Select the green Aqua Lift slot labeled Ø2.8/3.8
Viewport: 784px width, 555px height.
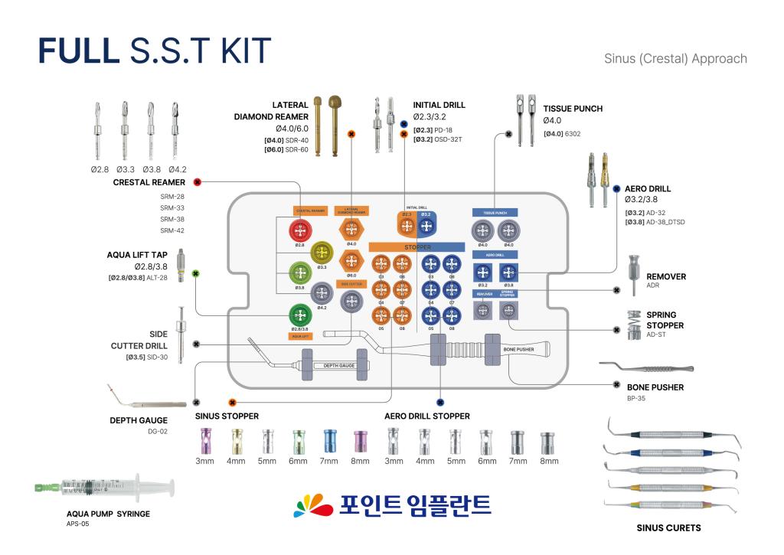point(299,315)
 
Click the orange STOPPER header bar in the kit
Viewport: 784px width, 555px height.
point(417,247)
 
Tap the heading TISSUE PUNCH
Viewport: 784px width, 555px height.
point(573,109)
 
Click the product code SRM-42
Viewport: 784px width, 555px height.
point(172,230)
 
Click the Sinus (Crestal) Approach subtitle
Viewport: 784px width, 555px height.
point(675,58)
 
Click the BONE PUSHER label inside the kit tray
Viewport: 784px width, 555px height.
point(518,349)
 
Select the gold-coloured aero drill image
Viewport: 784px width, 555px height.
point(603,177)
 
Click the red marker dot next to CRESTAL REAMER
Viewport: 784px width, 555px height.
point(198,182)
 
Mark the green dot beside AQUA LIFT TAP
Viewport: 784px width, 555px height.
point(197,273)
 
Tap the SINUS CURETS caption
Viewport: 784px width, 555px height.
point(668,527)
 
